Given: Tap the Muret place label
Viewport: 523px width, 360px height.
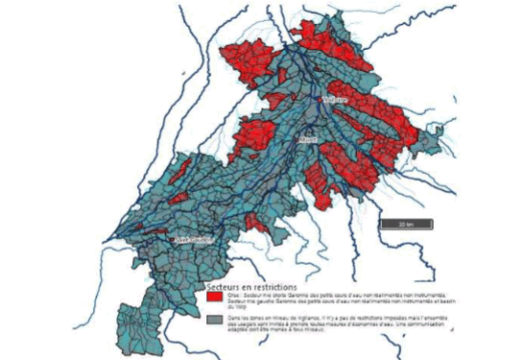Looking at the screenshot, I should (308, 140).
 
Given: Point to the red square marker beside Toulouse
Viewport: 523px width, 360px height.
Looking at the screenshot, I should (321, 97).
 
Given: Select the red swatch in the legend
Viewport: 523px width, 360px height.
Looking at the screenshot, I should (216, 299).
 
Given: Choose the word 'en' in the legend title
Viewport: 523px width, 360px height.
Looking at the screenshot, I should (250, 286).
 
